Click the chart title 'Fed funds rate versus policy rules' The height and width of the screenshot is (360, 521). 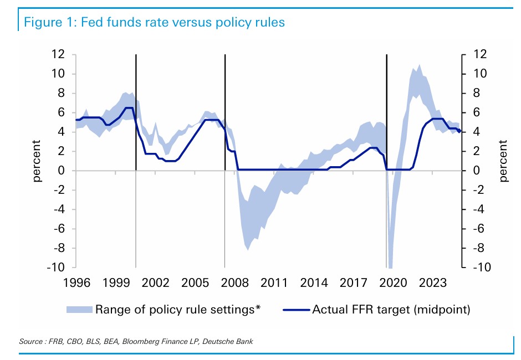183,23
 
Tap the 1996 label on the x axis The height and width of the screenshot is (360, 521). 76,282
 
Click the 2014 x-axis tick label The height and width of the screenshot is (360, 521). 314,282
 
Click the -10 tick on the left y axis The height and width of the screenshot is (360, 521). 56,268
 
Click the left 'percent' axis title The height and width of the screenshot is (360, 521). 37,161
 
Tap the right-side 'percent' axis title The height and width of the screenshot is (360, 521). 503,161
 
